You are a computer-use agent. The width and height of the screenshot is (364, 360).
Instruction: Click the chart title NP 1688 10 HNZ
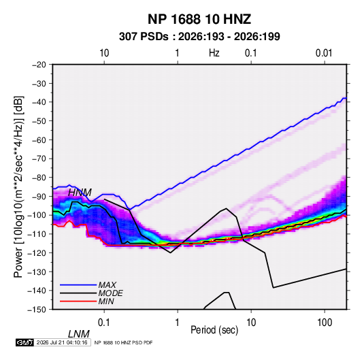(199, 19)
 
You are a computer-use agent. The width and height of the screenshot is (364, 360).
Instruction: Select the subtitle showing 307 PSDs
(199, 37)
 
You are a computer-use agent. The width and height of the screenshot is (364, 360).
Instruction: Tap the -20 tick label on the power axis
(39, 65)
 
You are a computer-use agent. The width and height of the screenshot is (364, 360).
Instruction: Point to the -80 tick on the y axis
(39, 178)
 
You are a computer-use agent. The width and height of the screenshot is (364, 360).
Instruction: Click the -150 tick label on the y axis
(37, 310)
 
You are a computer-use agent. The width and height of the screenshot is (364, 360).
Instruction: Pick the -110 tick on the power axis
(37, 234)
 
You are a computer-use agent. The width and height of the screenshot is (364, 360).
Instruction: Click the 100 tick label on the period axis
(325, 323)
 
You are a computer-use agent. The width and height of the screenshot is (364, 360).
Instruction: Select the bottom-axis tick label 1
(178, 323)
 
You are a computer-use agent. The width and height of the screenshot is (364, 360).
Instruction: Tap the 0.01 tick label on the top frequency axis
(324, 53)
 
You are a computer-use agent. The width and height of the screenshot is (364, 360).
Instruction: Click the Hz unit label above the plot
(214, 53)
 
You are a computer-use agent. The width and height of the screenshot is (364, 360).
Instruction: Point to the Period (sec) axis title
(214, 330)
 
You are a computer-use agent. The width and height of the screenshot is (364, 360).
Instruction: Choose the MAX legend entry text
(107, 284)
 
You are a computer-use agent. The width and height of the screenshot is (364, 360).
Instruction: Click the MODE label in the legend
(110, 293)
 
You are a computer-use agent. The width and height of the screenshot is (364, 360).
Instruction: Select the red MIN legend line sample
(78, 301)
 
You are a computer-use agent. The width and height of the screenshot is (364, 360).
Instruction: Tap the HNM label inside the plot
(80, 193)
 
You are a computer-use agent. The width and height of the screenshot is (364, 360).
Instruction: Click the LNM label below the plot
(79, 334)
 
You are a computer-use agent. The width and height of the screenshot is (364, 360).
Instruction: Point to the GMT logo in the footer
(25, 342)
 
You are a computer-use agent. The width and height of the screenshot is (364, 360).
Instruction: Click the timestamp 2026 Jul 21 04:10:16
(62, 342)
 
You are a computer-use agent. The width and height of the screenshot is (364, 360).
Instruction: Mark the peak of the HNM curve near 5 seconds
(226, 208)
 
